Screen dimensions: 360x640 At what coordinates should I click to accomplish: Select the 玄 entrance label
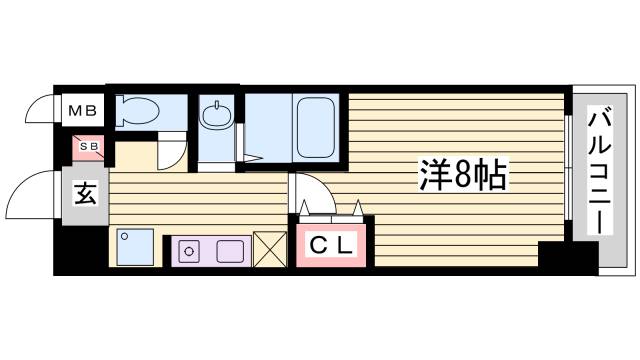pyautogui.click(x=85, y=194)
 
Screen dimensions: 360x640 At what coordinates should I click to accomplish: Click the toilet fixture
pyautogui.click(x=140, y=110)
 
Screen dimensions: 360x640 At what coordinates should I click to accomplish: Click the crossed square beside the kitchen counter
pyautogui.click(x=269, y=248)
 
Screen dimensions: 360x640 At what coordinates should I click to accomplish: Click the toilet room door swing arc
pyautogui.click(x=173, y=152)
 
